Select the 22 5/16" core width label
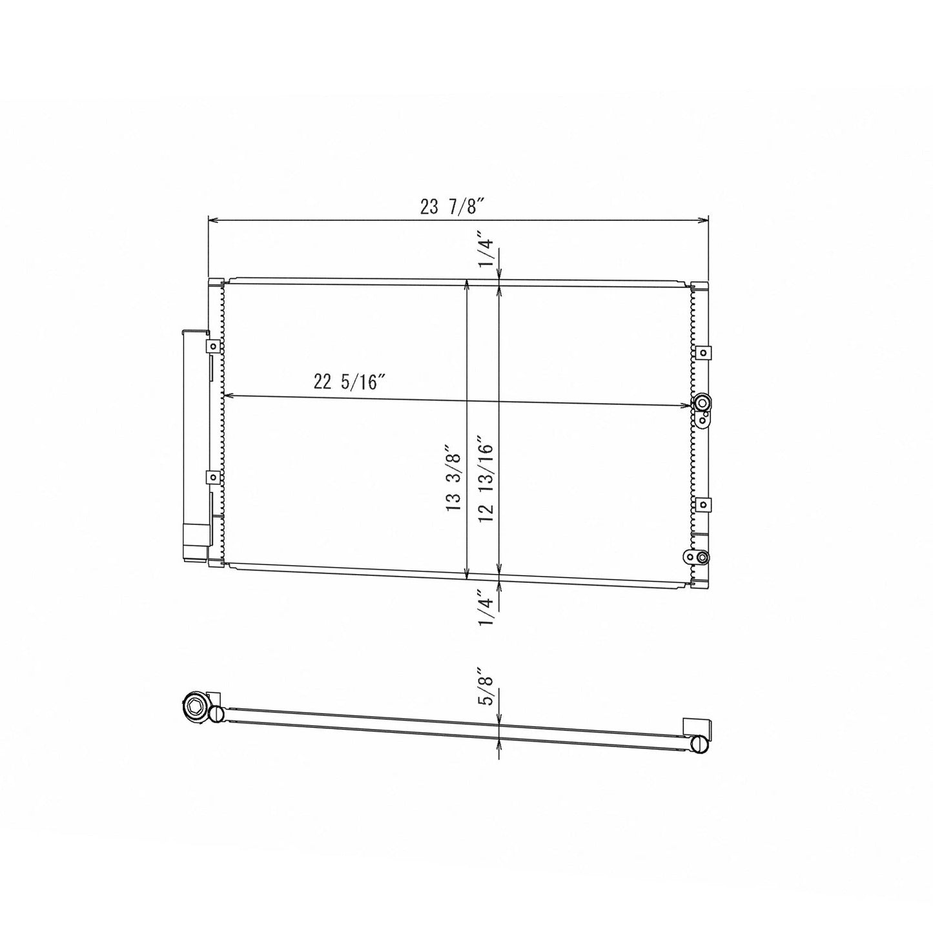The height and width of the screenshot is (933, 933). click(x=349, y=382)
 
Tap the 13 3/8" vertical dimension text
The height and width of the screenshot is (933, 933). click(x=453, y=485)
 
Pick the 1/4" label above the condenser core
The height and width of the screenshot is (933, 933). click(x=486, y=252)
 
